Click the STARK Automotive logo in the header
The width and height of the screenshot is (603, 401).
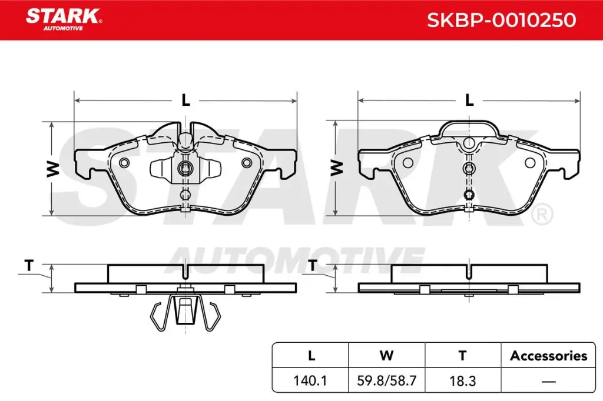click(63, 17)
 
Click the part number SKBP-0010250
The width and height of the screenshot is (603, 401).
click(501, 20)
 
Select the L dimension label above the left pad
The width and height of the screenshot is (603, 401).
click(185, 101)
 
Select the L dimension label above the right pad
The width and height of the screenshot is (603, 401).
click(469, 101)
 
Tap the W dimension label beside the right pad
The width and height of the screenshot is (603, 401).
click(337, 169)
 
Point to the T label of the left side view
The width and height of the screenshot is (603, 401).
click(28, 265)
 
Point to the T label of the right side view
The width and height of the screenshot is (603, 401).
click(312, 265)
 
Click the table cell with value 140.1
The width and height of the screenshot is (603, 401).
click(311, 380)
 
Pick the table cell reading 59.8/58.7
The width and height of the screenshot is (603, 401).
click(387, 380)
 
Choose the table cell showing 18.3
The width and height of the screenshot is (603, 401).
click(462, 380)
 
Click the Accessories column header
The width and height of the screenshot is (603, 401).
click(548, 355)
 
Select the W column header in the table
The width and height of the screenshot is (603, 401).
click(387, 355)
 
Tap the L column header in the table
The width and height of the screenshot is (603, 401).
click(311, 355)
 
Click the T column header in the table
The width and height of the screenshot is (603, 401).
click(462, 355)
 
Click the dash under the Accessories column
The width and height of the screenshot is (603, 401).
click(548, 381)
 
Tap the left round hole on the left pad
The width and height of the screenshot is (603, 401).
click(124, 163)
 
